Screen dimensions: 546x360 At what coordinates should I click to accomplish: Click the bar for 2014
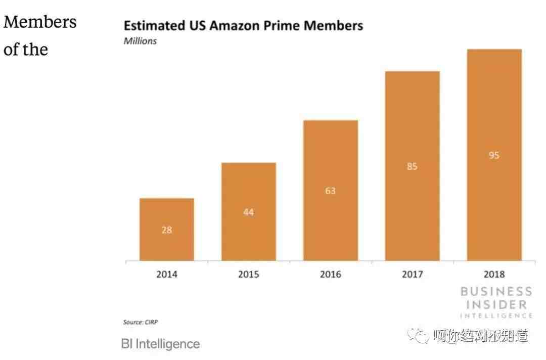pos(167,229)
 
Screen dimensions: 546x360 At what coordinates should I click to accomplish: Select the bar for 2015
pos(249,211)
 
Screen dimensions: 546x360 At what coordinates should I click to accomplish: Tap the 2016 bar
pos(331,190)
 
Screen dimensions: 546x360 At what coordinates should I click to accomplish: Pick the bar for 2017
pos(413,166)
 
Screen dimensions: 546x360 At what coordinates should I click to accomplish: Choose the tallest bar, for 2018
pos(494,155)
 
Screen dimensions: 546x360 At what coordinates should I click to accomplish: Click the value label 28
pos(167,230)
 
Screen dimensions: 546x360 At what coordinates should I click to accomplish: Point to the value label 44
pos(249,212)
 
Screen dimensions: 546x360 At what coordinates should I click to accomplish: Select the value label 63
pos(331,191)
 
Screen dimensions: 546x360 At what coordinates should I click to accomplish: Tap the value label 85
pos(413,166)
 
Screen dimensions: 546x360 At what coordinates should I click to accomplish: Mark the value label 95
pos(494,155)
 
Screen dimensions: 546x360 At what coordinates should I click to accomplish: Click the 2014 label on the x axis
pos(167,275)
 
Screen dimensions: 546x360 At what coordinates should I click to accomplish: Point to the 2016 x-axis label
pos(331,275)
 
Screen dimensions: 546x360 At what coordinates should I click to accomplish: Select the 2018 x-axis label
pos(494,275)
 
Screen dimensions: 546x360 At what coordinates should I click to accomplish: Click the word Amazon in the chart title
pos(235,26)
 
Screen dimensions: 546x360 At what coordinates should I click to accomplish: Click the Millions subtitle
pos(140,41)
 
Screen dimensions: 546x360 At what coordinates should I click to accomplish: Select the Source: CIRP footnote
pos(141,322)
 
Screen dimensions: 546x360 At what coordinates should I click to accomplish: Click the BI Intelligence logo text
pos(161,344)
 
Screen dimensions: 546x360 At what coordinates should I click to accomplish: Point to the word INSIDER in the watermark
pos(496,305)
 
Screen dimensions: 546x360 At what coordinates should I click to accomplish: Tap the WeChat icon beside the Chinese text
pos(418,336)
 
